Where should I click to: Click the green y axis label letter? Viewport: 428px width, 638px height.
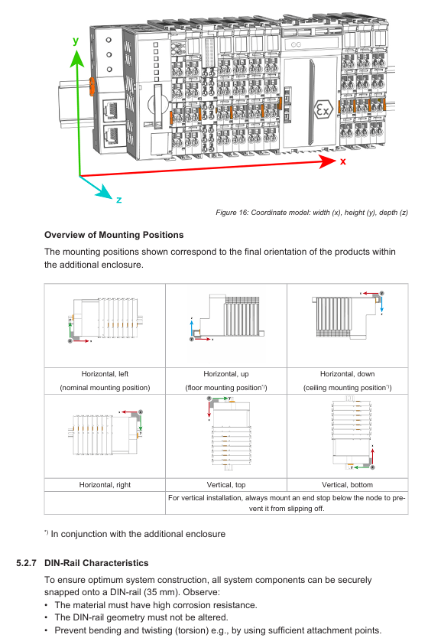point(76,41)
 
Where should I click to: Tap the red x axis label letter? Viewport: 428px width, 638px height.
point(342,161)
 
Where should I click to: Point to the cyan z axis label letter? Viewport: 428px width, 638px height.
point(118,200)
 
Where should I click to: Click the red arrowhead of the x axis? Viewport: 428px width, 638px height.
point(328,161)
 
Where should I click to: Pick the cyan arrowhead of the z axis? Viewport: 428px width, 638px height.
point(105,192)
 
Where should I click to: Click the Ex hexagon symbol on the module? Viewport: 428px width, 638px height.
point(323,109)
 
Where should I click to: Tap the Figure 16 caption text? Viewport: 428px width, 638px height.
point(312,213)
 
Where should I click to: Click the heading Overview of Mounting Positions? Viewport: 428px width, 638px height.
point(114,235)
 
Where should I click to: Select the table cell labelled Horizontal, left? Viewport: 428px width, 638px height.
point(105,374)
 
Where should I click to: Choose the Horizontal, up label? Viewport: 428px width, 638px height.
point(226,374)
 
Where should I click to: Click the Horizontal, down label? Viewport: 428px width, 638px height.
point(348,374)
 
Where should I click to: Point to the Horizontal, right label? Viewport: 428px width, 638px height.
point(105,484)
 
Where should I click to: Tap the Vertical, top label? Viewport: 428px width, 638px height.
point(226,484)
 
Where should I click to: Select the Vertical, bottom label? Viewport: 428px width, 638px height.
point(347,484)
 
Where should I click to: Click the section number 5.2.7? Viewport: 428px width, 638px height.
point(27,563)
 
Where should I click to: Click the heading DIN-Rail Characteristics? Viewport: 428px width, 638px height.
point(96,563)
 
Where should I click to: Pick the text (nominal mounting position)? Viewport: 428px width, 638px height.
point(105,388)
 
